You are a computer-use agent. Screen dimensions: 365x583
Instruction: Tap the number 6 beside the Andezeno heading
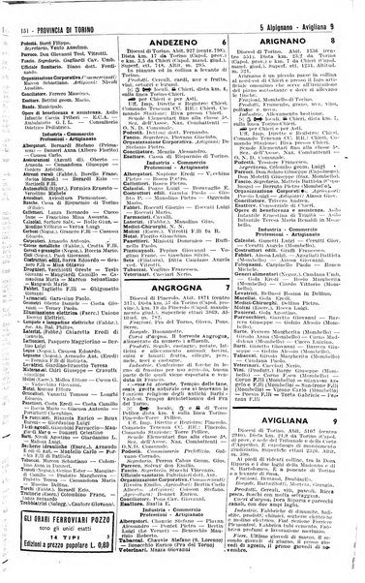[226, 43]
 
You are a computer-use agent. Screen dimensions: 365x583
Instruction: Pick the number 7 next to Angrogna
[225, 312]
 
